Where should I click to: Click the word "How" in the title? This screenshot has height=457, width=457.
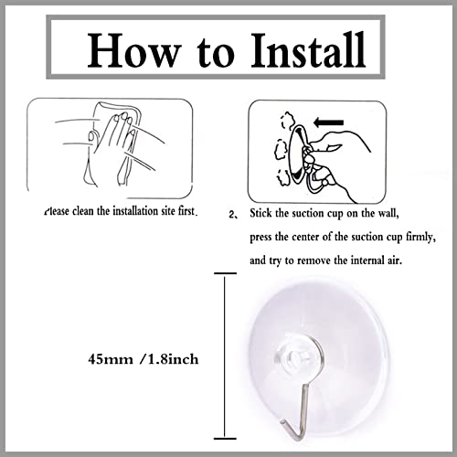coord(133,50)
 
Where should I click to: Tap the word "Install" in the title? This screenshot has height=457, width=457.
coord(308,49)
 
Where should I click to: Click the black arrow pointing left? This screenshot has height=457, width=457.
coord(328,122)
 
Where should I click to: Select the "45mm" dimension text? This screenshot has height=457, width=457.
coord(111,359)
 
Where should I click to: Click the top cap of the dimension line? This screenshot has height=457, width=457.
coord(225,273)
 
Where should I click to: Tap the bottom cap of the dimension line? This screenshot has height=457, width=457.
coord(225,439)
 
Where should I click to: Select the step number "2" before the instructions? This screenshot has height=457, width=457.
coord(231,215)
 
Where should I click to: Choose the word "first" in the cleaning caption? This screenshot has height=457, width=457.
coord(186,211)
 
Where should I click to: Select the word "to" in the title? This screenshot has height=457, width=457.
coord(216,52)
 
